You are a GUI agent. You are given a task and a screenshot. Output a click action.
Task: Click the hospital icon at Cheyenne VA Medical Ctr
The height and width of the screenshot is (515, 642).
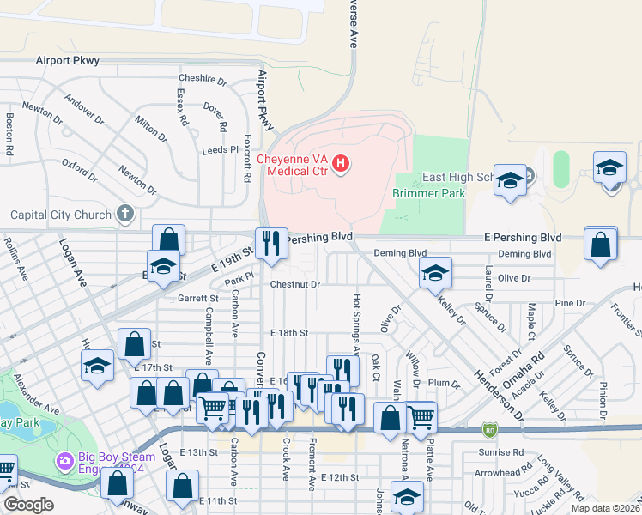(x=342, y=163)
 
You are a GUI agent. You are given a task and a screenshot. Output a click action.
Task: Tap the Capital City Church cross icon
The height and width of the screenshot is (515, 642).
(x=125, y=214)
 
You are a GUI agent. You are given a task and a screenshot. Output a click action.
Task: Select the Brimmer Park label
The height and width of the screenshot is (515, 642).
(x=429, y=194)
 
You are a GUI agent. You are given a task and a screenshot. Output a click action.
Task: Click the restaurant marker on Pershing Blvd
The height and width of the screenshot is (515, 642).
(x=271, y=244)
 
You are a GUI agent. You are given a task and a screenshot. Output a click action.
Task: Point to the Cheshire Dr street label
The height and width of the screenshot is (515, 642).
(x=203, y=80)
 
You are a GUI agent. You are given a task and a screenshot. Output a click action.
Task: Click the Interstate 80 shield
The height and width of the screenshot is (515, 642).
(x=489, y=427)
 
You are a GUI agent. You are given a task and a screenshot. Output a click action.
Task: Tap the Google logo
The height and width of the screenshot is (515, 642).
(x=28, y=505)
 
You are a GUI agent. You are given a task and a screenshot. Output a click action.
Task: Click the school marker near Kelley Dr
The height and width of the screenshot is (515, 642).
(x=435, y=274)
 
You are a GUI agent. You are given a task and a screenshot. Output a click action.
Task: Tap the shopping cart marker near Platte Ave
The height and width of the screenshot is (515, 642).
(x=421, y=417)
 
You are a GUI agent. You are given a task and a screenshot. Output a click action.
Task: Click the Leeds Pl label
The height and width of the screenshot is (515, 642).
(x=220, y=149)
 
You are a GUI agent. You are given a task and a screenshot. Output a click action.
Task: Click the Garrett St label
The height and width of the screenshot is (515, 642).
(x=198, y=299)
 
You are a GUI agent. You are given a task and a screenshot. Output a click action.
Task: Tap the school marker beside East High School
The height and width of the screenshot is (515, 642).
(x=511, y=181)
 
